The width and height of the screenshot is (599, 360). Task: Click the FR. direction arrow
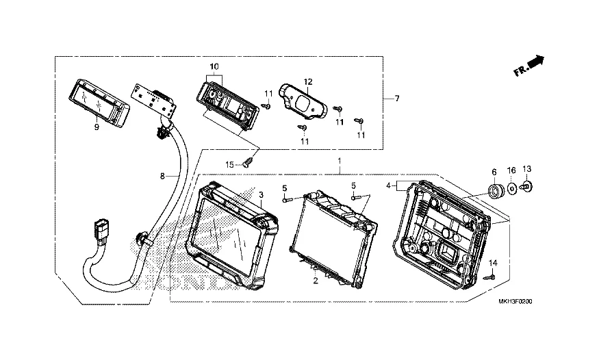tap(529, 66)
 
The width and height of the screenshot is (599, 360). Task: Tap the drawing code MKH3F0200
tap(515, 302)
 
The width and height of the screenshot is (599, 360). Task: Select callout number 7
tap(397, 99)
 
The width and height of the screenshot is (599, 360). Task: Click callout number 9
tap(97, 127)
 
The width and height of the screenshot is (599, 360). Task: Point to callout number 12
tap(308, 81)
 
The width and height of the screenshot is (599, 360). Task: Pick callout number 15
tap(229, 164)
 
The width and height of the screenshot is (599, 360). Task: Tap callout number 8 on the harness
tap(162, 176)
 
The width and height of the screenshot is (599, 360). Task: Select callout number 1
tap(340, 161)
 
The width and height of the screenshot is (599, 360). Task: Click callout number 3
tap(261, 194)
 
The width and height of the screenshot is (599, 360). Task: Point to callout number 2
tap(316, 281)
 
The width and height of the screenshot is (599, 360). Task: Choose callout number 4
tap(389, 185)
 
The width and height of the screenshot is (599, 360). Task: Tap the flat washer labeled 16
tap(512, 188)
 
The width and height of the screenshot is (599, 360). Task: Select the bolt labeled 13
tap(526, 187)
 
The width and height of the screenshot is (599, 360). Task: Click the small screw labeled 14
tap(489, 277)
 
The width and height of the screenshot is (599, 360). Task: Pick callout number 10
tap(214, 66)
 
